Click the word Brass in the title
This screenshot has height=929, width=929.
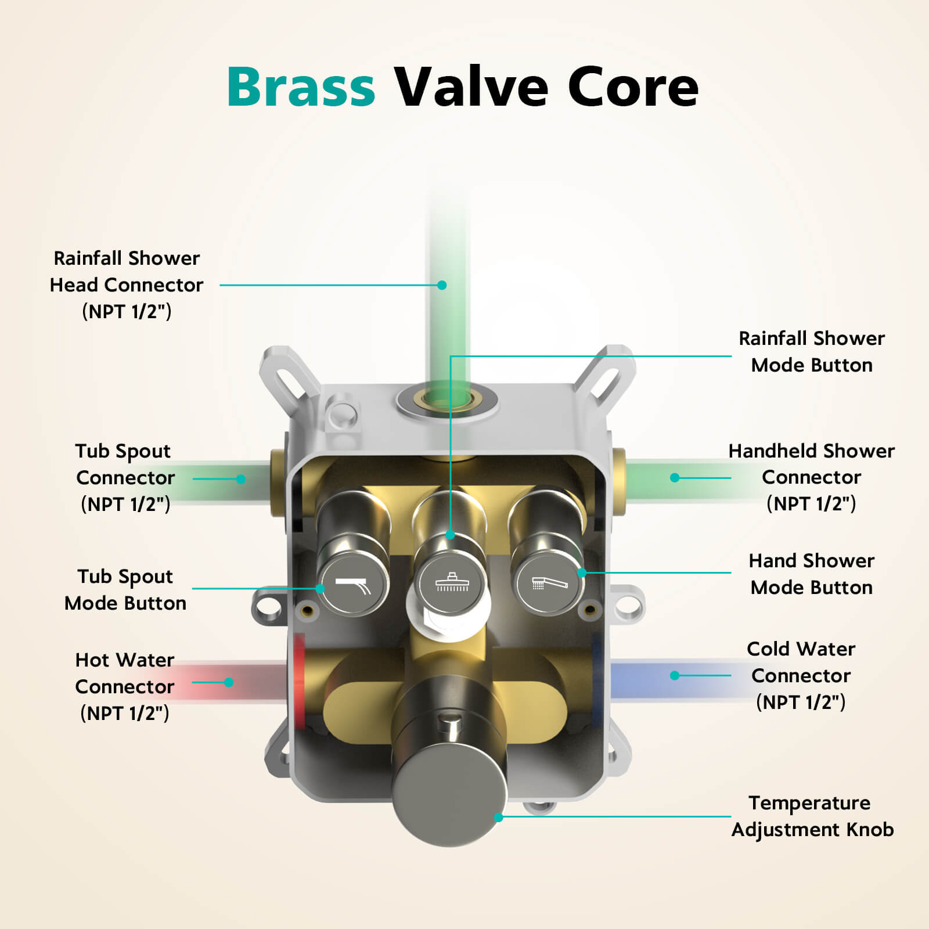click(x=301, y=87)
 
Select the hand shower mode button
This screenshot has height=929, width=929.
click(x=549, y=582)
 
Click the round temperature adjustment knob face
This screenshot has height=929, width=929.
click(x=449, y=795)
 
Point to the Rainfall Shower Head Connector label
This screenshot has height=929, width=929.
click(x=127, y=285)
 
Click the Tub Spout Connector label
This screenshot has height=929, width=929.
click(x=125, y=477)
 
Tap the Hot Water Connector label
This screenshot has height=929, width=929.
click(x=125, y=686)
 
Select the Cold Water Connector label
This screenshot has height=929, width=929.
click(x=801, y=675)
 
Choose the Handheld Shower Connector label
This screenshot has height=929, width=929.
click(x=811, y=477)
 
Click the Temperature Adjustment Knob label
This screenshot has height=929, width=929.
click(x=812, y=816)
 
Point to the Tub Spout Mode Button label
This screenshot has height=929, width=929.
click(x=125, y=589)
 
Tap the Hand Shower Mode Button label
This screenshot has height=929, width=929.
click(x=811, y=574)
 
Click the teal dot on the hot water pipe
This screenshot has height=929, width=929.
click(x=229, y=682)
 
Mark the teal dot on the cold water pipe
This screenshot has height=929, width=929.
click(x=674, y=675)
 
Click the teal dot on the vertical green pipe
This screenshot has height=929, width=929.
click(x=442, y=285)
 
